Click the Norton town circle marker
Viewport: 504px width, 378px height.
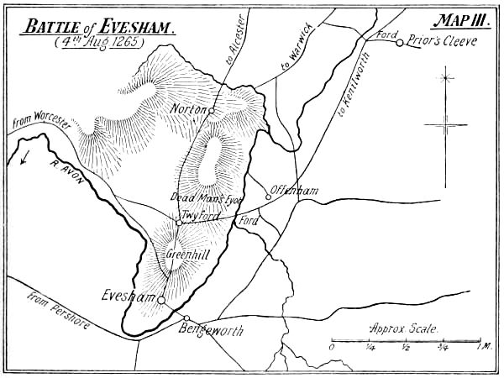point(212,110)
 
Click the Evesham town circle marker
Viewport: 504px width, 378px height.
point(160,299)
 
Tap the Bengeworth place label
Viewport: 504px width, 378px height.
point(212,331)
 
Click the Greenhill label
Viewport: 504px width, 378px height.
point(181,255)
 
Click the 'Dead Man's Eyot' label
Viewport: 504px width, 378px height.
point(206,197)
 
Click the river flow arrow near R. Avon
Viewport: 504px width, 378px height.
point(25,156)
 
